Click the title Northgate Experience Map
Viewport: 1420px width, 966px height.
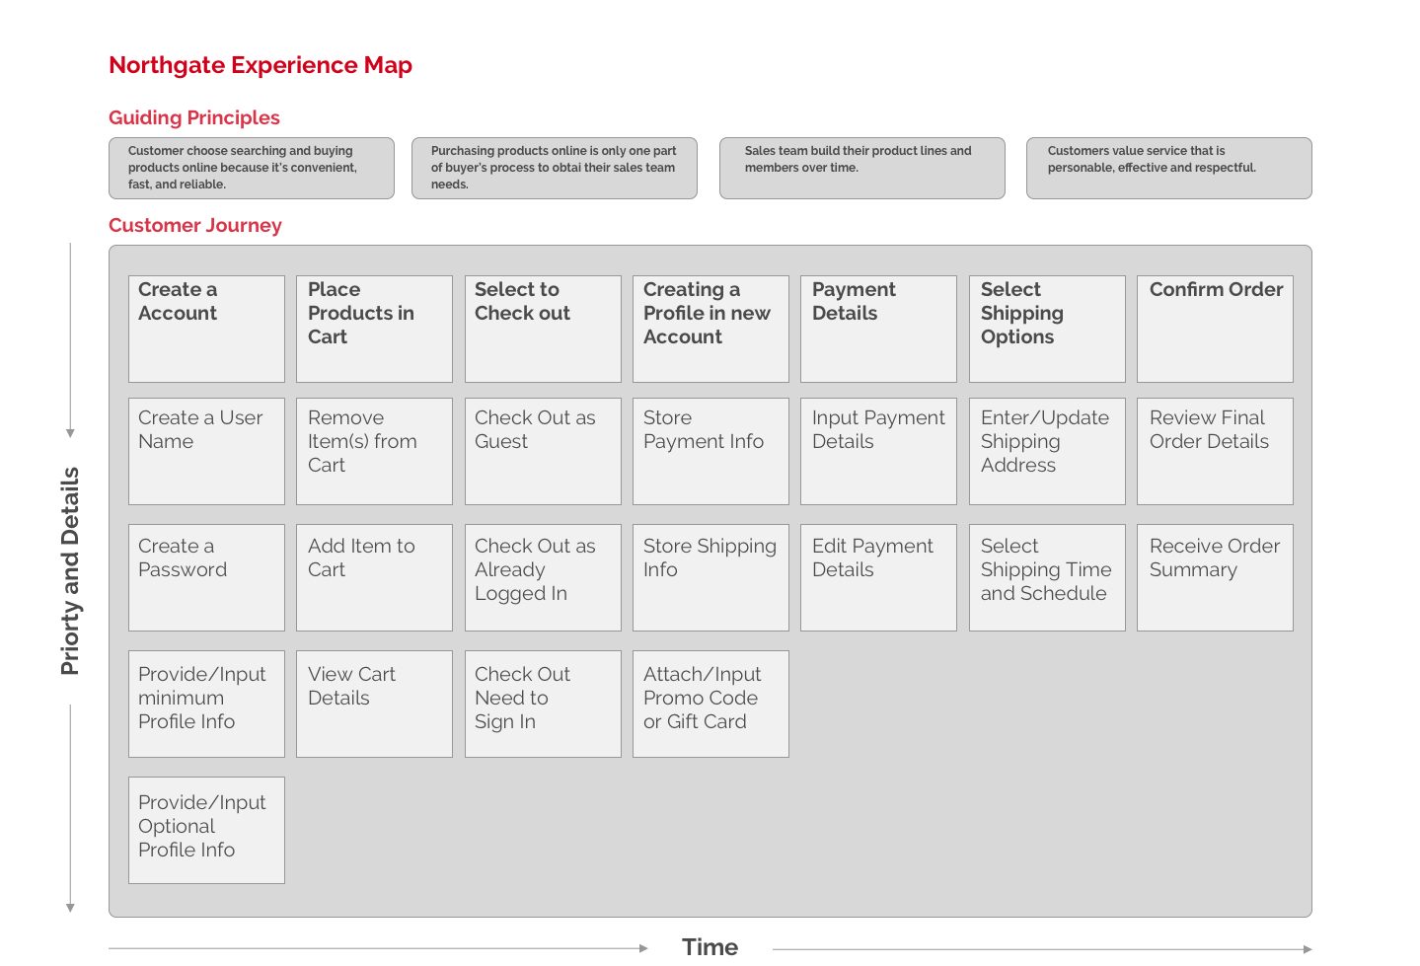click(x=261, y=65)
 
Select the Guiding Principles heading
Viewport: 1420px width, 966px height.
click(x=194, y=117)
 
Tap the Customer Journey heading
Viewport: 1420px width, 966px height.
click(x=195, y=225)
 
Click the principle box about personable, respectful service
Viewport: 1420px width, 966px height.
click(x=1169, y=168)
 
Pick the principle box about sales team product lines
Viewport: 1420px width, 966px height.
click(x=862, y=168)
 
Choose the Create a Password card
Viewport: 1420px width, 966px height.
click(x=206, y=577)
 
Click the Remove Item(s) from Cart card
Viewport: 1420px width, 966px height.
click(x=375, y=451)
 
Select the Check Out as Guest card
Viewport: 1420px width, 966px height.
click(x=544, y=451)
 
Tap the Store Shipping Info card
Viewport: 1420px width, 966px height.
click(x=710, y=577)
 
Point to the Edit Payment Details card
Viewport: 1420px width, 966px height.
click(x=878, y=577)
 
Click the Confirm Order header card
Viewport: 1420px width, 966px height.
click(x=1216, y=329)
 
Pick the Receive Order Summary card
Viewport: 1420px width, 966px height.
click(x=1216, y=577)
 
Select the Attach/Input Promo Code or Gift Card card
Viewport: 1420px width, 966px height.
click(x=710, y=705)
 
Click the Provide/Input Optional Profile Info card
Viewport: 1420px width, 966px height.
click(x=206, y=831)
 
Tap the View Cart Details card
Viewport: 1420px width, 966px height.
click(x=375, y=705)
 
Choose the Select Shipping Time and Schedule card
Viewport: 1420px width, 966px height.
click(x=1047, y=577)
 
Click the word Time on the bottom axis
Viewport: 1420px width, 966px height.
click(x=710, y=947)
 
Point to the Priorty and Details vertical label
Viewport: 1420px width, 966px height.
click(x=70, y=571)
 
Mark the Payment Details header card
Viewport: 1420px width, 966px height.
click(x=878, y=329)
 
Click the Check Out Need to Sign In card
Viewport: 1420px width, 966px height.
click(x=544, y=705)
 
